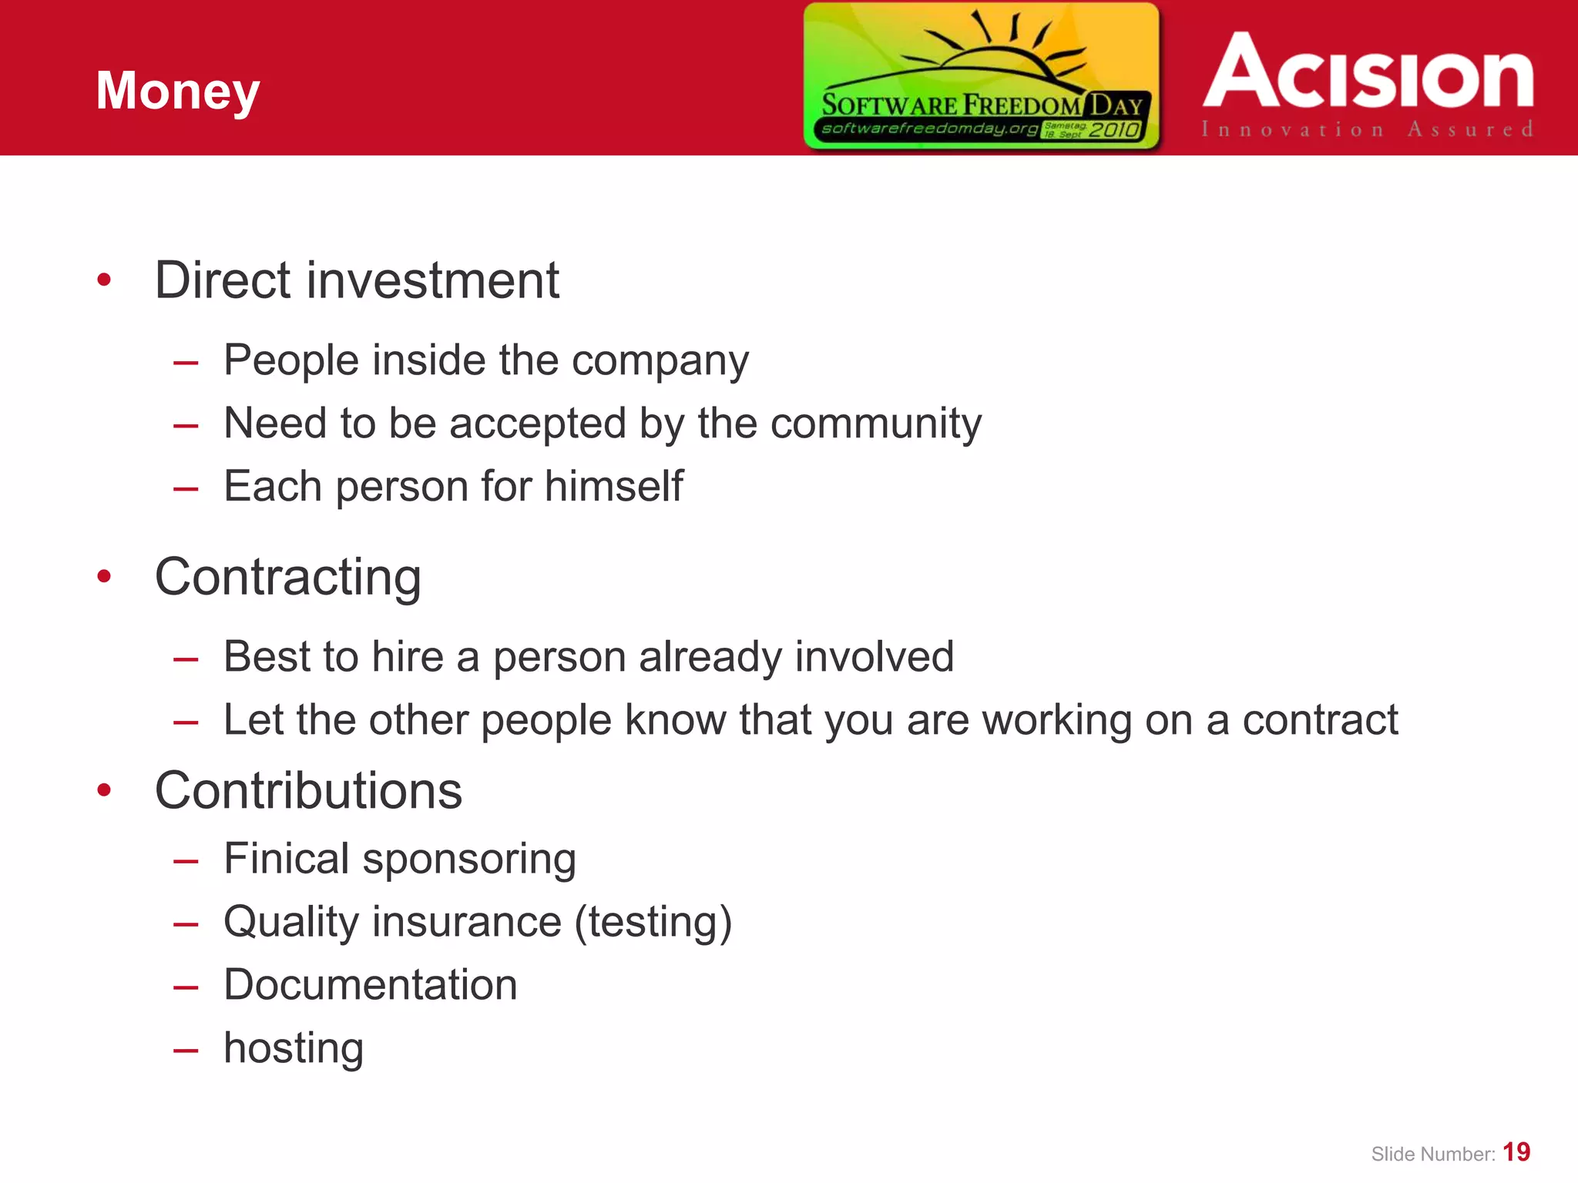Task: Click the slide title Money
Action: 178,92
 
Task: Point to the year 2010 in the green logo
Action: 1113,129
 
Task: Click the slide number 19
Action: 1516,1152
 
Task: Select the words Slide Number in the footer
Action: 1432,1155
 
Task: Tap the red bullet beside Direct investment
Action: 105,280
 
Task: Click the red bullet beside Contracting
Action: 105,576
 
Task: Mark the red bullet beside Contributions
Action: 105,790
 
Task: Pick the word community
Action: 876,424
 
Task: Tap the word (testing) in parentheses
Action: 653,922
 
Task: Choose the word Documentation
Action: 371,984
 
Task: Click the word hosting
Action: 294,1048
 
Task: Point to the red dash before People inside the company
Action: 186,362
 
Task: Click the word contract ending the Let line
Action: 1320,720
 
